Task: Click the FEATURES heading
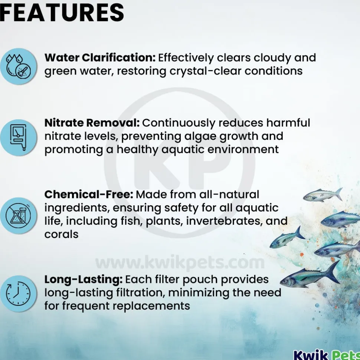tap(62, 12)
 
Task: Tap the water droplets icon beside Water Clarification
tap(18, 67)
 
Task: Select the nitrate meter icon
tap(18, 138)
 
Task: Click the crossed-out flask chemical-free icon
tap(18, 215)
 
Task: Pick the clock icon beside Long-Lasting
tap(18, 294)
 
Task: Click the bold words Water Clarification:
tap(100, 57)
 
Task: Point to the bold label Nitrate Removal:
tap(92, 123)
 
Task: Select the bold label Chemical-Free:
tap(89, 195)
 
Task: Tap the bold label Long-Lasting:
tap(84, 280)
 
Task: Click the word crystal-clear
tap(205, 71)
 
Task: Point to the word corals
tap(61, 234)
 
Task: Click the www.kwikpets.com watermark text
tap(180, 262)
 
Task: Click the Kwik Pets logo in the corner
tap(327, 355)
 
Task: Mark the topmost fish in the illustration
tap(323, 195)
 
